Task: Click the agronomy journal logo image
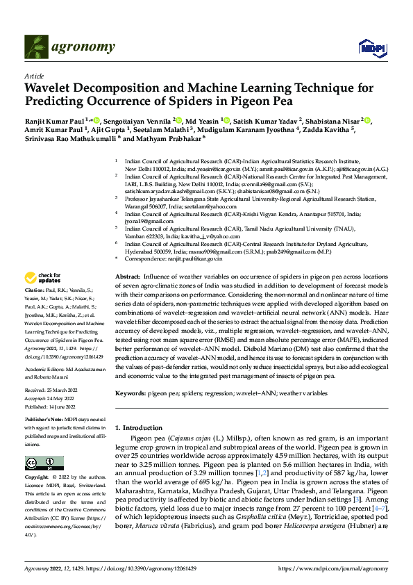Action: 37,47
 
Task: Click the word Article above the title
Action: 34,76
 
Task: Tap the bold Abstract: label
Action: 128,276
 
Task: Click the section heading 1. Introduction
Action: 138,427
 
